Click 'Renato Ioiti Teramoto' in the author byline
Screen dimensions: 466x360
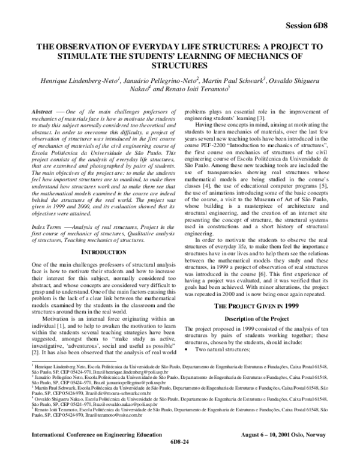[196, 89]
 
